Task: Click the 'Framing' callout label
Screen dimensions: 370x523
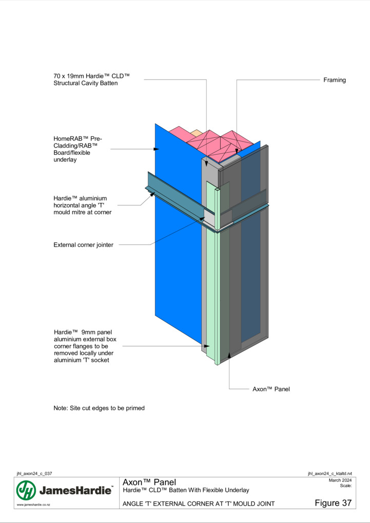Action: (334, 80)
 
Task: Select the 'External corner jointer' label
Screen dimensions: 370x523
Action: (84, 245)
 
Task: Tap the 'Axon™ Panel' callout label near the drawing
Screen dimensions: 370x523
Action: (271, 389)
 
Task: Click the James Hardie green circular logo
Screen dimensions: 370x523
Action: (26, 490)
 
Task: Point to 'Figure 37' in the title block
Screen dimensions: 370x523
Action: (333, 502)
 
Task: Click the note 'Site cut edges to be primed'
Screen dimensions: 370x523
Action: (99, 408)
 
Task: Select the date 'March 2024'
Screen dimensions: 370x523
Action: (340, 480)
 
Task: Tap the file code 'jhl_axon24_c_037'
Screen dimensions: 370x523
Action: (34, 473)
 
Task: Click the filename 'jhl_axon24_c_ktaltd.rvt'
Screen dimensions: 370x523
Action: (329, 473)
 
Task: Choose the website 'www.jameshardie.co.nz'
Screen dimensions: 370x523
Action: (33, 505)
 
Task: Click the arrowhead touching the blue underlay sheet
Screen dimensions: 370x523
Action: (157, 149)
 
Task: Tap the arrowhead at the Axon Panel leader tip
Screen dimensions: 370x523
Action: (229, 355)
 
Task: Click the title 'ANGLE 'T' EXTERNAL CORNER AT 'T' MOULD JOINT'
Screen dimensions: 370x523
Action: (199, 504)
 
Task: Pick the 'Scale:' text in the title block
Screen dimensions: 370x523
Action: (346, 486)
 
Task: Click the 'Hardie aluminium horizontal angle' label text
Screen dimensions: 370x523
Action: (83, 205)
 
